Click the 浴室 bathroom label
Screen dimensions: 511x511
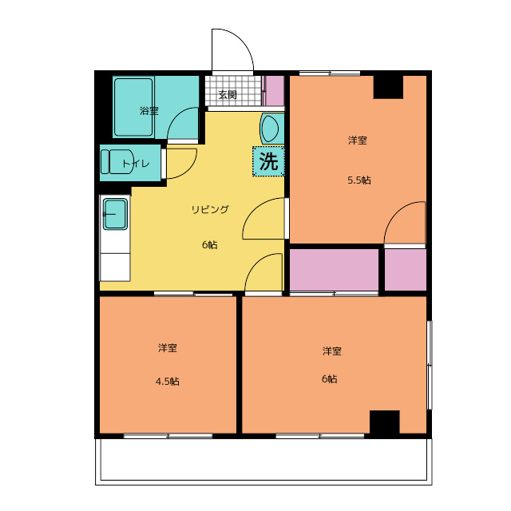[x=149, y=111]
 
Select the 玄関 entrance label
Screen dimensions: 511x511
[x=228, y=94]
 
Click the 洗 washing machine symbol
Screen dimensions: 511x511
[x=268, y=161]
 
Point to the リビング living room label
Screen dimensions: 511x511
[x=210, y=210]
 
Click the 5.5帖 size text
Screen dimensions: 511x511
[x=358, y=180]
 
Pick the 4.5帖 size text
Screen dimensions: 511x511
[x=167, y=381]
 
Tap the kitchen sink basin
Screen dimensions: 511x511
[x=115, y=214]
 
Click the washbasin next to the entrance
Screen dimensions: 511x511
[x=270, y=128]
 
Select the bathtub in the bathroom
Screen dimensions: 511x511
[x=133, y=107]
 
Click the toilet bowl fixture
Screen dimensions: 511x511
[x=112, y=160]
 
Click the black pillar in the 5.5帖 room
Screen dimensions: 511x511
[x=388, y=85]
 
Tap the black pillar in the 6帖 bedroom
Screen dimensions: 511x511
[x=384, y=422]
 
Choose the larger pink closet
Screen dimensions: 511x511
[x=334, y=271]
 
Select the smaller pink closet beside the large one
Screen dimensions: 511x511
[x=405, y=270]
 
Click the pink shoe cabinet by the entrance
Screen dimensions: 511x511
[x=274, y=91]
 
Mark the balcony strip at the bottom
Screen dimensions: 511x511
[x=263, y=461]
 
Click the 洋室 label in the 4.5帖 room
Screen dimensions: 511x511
[x=167, y=348]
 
